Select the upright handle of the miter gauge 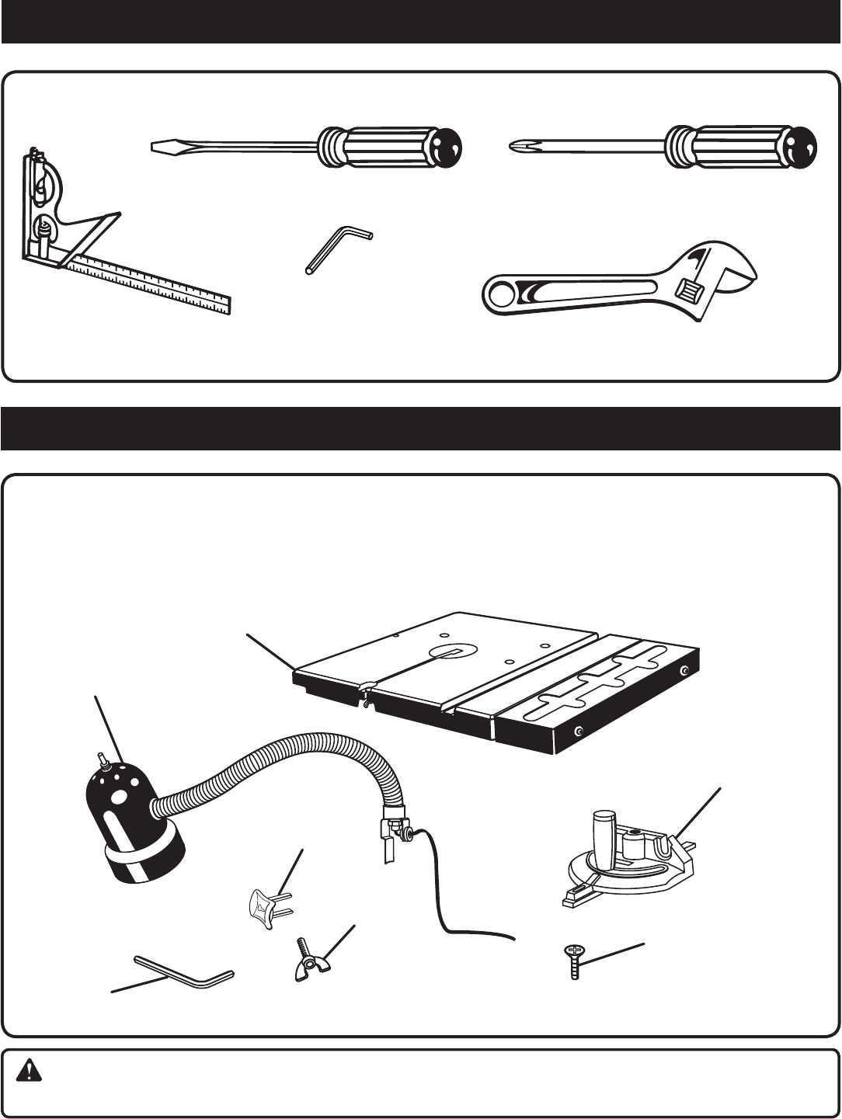605,831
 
